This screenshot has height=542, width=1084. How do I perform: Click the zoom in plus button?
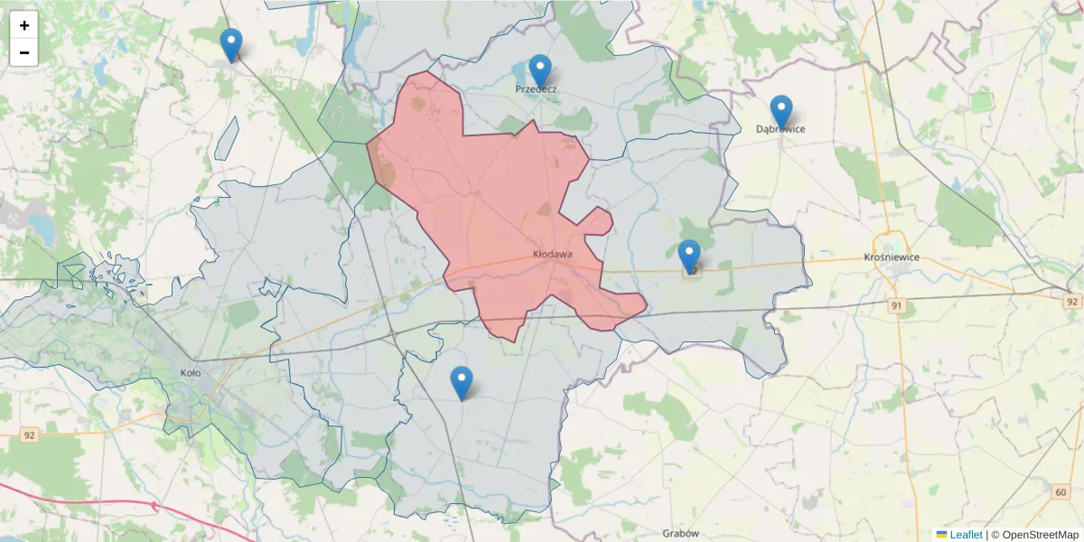tap(24, 25)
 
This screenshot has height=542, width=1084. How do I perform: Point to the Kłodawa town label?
tap(553, 255)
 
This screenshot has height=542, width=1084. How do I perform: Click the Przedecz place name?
tap(536, 89)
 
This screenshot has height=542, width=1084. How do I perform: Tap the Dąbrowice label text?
tap(780, 129)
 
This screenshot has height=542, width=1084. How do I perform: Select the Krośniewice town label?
tap(892, 257)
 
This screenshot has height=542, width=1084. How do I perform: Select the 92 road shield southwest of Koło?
tap(30, 435)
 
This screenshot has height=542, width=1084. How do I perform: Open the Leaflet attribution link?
tap(966, 535)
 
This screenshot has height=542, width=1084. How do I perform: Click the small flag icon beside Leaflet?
tap(941, 535)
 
